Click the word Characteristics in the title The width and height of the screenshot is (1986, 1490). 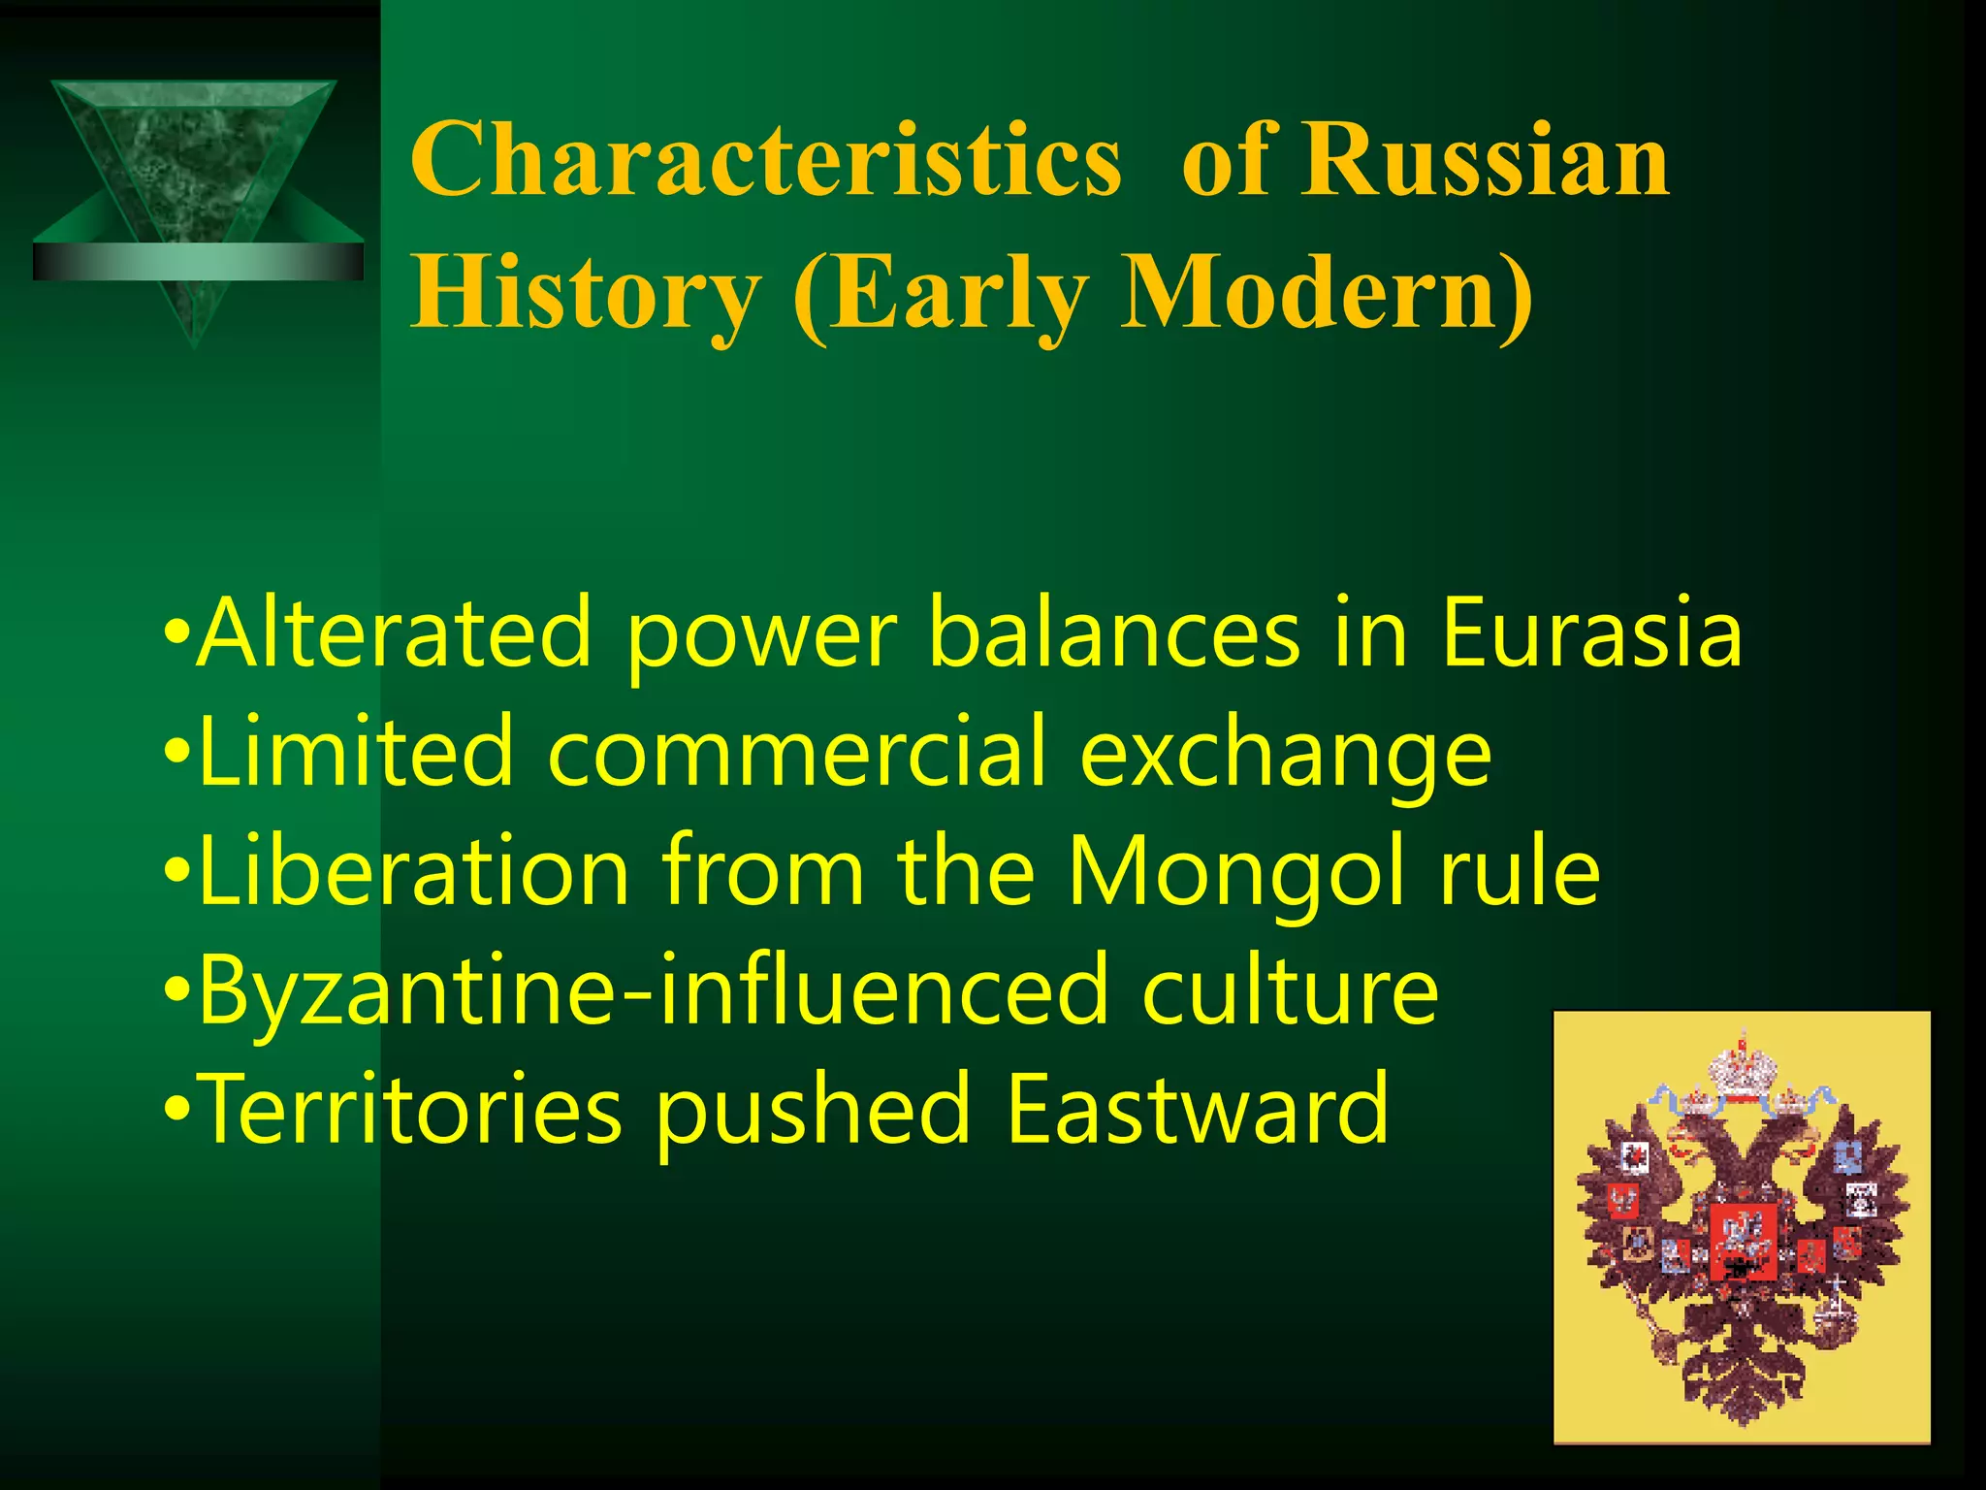(x=766, y=160)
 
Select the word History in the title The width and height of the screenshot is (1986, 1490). (x=586, y=292)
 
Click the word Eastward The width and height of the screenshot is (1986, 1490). (x=1197, y=1110)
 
